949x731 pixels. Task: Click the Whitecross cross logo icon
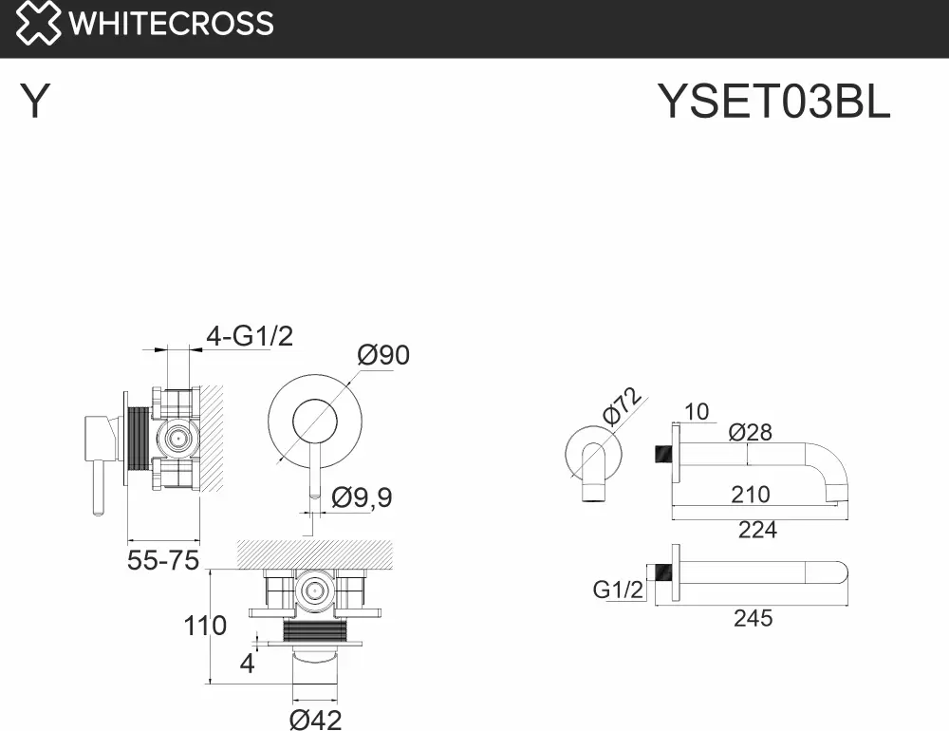38,23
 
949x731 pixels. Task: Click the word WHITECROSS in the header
171,24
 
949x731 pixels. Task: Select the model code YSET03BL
773,102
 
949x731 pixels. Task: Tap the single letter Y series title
34,102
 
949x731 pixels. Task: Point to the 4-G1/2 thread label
250,335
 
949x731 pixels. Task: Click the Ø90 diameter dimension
383,355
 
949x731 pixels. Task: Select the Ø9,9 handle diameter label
362,497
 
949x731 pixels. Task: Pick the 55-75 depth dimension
163,560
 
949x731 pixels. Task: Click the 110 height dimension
205,626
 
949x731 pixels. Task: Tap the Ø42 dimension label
315,720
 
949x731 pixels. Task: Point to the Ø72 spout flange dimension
622,405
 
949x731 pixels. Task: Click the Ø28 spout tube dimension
751,432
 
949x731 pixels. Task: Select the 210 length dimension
751,495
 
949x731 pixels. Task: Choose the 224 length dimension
757,530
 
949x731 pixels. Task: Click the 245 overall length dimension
754,618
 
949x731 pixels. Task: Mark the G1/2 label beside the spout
618,590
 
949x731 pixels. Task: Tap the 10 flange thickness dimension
696,412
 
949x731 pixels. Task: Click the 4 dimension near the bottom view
247,664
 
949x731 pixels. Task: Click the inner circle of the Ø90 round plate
315,422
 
